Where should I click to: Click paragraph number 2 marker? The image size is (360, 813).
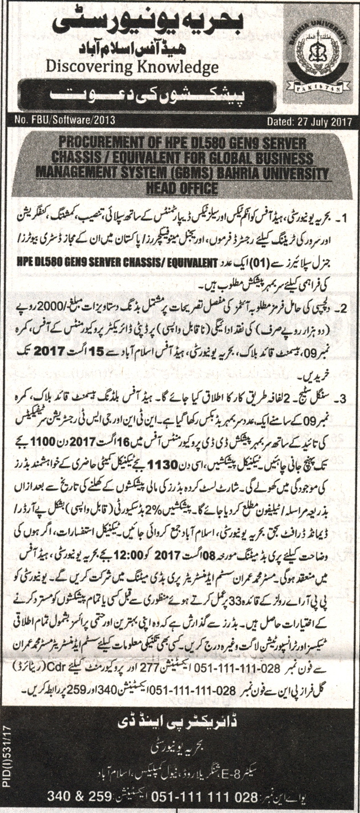tap(342, 309)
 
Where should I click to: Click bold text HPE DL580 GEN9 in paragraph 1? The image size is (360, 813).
tap(171, 264)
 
